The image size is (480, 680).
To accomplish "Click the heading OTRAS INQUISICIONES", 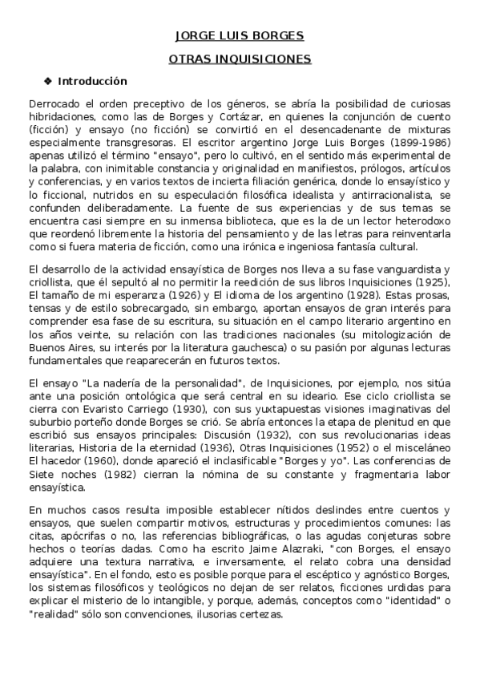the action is [x=240, y=59].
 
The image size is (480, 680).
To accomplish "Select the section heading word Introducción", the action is [x=92, y=81].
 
